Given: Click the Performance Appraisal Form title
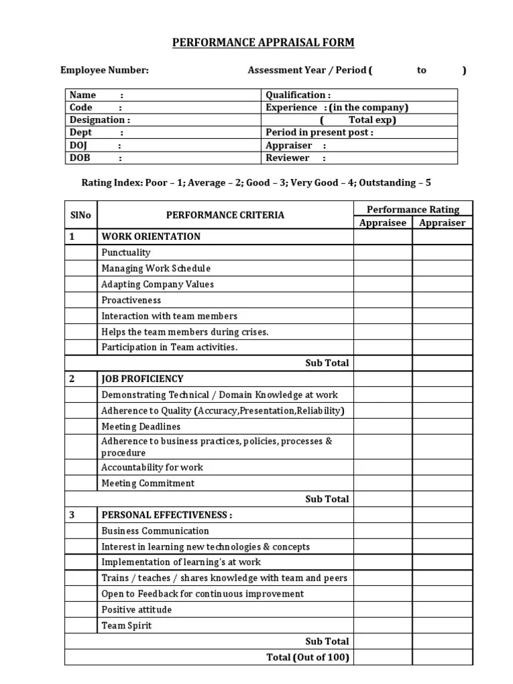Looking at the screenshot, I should pos(263,43).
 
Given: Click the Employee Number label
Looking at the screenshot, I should pos(105,70).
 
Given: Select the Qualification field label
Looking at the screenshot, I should pos(298,95).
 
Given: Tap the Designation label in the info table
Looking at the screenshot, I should pos(100,120).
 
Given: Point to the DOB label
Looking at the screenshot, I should pos(79,158).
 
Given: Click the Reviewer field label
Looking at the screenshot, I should pos(288,158).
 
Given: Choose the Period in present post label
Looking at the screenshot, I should pos(319,132).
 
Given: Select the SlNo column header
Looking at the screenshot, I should pos(81,215).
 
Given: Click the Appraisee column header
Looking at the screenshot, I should pos(383,222).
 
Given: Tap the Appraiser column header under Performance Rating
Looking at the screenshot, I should pos(442,222).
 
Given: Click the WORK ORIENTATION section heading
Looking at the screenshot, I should pos(150,236).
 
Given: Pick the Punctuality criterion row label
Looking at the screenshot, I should pos(126,252).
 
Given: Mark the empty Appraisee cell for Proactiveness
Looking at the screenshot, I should pos(383,300).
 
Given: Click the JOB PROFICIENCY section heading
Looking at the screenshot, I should pos(142,379).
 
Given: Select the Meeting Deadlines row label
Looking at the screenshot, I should pos(140,426).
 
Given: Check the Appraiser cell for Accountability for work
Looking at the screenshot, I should pos(442,468).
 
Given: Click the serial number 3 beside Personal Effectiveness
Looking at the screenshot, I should pos(72,515).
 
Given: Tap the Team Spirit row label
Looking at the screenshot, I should pos(126,625).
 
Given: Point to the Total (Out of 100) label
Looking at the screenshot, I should pos(307,657).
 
